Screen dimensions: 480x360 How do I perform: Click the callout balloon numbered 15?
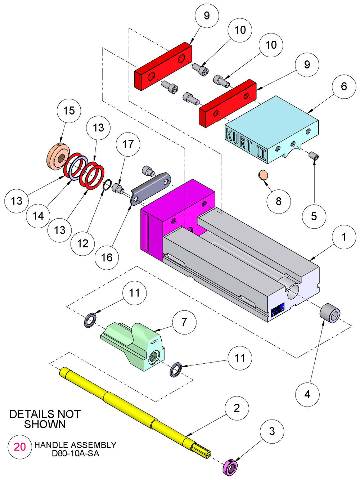(69, 111)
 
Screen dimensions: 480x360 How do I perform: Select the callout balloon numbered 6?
(344, 86)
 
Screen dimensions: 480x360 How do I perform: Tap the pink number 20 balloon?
(20, 447)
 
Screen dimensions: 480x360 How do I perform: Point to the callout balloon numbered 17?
(128, 144)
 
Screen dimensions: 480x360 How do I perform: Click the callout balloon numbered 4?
(307, 395)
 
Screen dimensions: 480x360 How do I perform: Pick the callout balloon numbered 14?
(38, 216)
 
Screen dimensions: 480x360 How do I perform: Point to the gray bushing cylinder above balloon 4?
(330, 313)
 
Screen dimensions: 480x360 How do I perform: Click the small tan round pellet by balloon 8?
(263, 175)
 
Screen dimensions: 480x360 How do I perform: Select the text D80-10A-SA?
(75, 453)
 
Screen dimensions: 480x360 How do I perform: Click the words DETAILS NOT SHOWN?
(45, 419)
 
